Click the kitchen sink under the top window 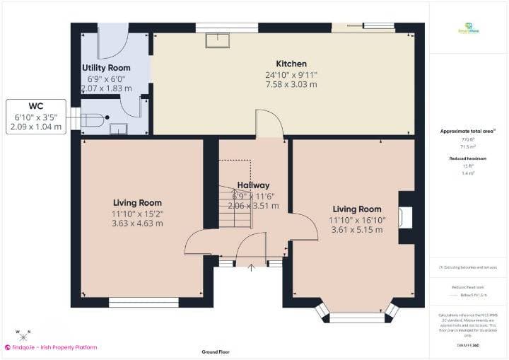(x=216, y=40)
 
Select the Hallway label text (x=253, y=185)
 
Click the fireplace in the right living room (x=404, y=217)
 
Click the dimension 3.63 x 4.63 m (x=137, y=223)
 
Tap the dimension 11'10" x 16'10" (x=357, y=219)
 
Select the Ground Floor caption (x=216, y=352)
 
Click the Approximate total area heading (x=468, y=132)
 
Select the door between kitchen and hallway (x=269, y=124)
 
